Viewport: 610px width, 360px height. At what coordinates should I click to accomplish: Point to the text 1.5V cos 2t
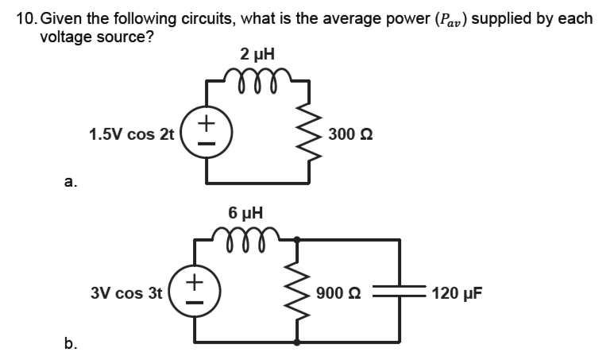pyautogui.click(x=131, y=133)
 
